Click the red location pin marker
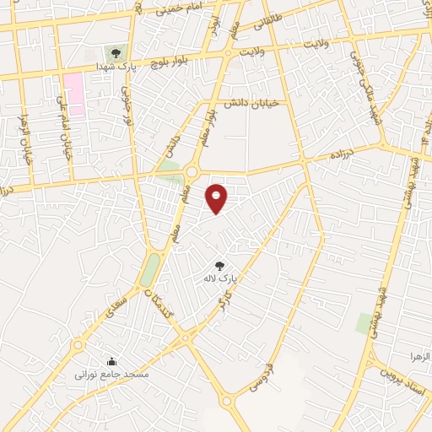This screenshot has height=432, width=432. (217, 198)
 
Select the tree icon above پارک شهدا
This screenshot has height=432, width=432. (116, 53)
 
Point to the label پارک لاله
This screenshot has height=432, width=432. (221, 277)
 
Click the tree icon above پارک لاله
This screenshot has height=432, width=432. (220, 266)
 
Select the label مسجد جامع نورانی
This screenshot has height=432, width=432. (111, 373)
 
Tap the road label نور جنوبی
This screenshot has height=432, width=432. (129, 111)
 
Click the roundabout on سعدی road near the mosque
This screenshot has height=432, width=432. (78, 343)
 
